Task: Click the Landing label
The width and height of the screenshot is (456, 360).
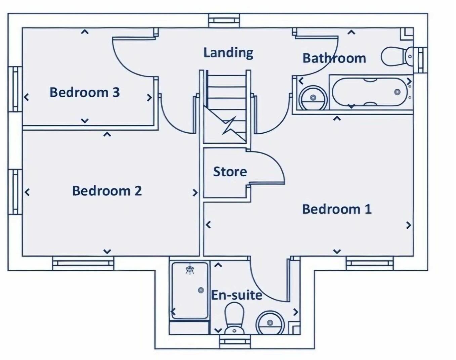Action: tap(228, 53)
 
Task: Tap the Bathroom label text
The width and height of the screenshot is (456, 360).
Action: tap(334, 58)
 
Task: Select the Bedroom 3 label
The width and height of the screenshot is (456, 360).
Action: tap(85, 92)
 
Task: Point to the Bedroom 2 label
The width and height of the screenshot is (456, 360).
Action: tap(107, 191)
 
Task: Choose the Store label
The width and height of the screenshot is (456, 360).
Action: tap(230, 172)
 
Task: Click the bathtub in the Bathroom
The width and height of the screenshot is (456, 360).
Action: tap(370, 92)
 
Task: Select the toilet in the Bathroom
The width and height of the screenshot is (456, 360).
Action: tap(397, 56)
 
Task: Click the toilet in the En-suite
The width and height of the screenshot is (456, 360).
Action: tap(234, 318)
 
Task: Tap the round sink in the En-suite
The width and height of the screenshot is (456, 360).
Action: tap(270, 323)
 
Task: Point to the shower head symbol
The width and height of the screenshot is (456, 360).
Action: tap(190, 270)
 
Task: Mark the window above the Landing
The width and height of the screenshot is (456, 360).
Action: tap(224, 20)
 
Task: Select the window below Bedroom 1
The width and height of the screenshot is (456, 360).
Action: tap(370, 263)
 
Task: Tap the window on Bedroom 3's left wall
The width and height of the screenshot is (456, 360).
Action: tap(15, 89)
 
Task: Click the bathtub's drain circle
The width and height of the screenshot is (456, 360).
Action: tap(397, 92)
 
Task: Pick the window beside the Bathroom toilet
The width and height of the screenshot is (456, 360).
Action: tap(420, 60)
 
